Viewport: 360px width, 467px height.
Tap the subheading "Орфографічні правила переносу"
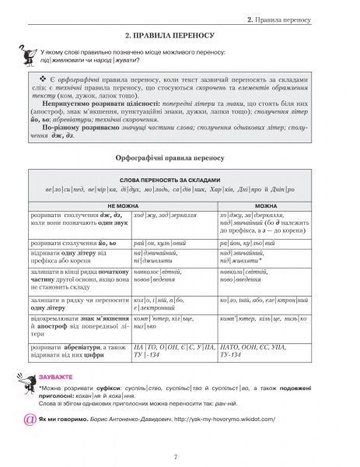tap(179, 156)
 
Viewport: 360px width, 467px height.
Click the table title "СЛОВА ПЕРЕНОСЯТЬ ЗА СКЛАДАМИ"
tap(179, 177)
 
